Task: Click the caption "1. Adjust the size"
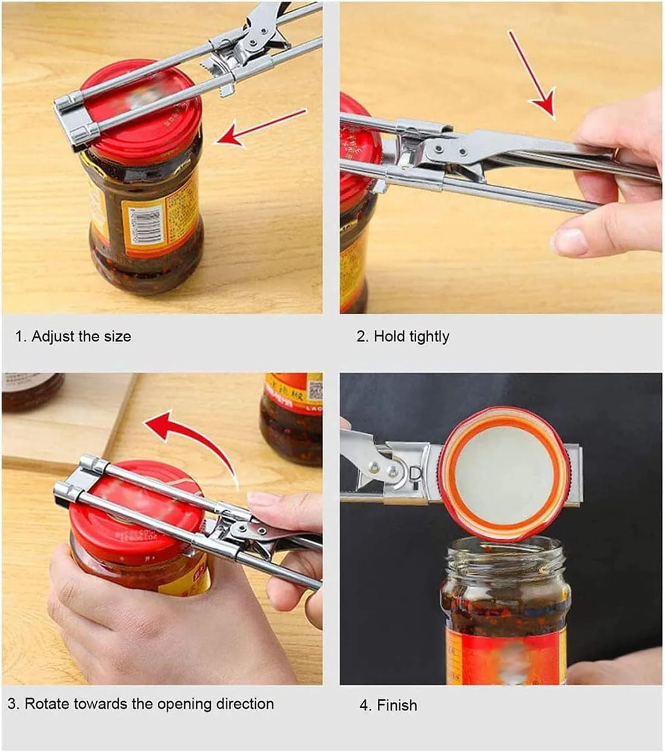pyautogui.click(x=73, y=336)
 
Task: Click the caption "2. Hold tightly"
pyautogui.click(x=403, y=336)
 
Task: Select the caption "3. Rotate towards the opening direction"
pyautogui.click(x=141, y=704)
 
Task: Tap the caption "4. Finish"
pyautogui.click(x=388, y=705)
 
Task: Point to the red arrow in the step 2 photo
pyautogui.click(x=533, y=75)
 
